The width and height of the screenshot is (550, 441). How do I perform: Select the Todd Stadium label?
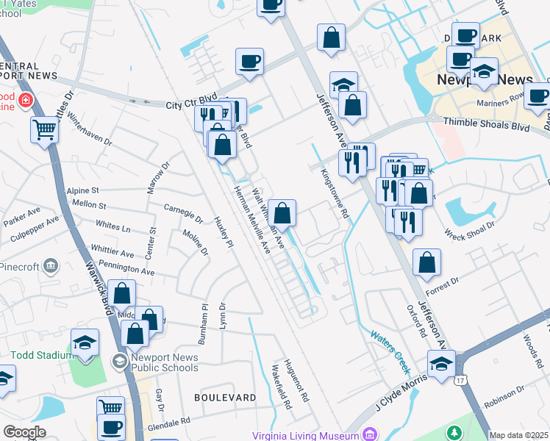coord(34,355)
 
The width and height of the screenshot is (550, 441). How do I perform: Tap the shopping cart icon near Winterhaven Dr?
coord(45,130)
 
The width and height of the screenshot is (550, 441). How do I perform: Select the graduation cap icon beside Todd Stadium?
coord(85,343)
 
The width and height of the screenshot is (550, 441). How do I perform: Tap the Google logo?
coord(24,432)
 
